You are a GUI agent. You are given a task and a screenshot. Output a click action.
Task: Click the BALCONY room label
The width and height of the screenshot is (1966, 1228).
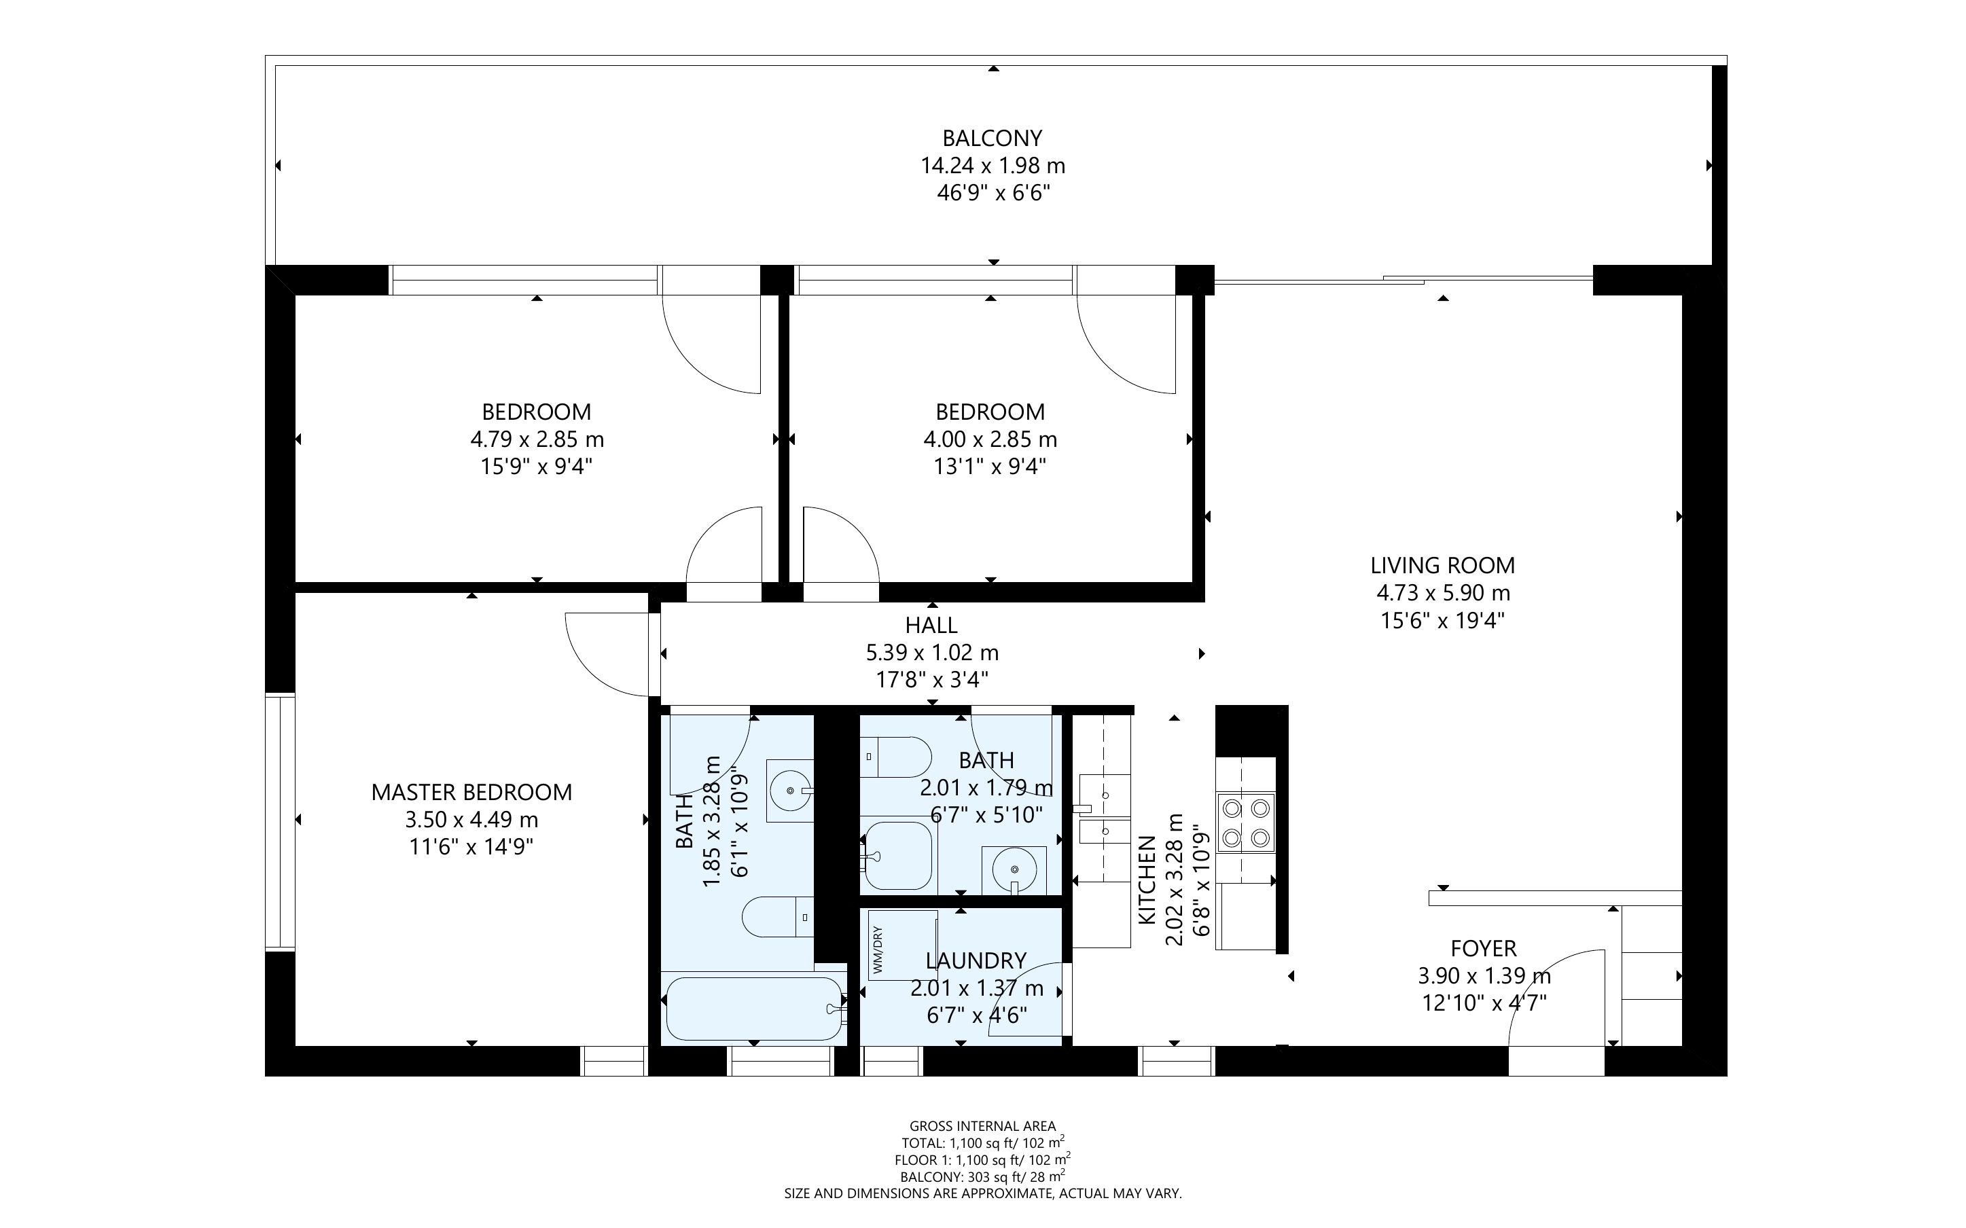pos(992,138)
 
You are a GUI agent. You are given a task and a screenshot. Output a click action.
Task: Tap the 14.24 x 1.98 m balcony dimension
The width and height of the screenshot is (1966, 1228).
pos(992,166)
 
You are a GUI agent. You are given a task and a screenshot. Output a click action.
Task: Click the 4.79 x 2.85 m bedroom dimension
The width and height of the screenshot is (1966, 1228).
pos(537,439)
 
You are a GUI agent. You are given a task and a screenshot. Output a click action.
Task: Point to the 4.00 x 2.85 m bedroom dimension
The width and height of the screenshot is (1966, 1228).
pos(990,439)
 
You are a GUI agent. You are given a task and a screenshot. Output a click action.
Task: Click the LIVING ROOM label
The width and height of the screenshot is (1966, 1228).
pos(1442,565)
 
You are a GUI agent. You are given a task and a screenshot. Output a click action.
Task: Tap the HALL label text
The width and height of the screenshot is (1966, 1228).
pos(931,626)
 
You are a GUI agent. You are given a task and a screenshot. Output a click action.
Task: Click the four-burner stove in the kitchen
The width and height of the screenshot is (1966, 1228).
pos(1246,823)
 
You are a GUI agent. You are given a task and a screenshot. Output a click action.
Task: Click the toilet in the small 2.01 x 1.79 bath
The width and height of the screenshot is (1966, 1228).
pos(895,757)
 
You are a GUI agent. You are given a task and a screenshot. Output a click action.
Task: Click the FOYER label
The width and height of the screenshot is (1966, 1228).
pos(1483,949)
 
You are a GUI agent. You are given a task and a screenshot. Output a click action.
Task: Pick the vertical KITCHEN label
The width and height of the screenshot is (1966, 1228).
pos(1147,880)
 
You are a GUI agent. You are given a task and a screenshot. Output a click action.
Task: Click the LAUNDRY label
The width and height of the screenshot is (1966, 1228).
pos(976,961)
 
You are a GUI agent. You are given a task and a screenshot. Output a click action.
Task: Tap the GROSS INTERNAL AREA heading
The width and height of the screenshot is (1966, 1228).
pos(982,1125)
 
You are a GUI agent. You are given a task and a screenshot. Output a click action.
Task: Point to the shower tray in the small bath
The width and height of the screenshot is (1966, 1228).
pos(897,855)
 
